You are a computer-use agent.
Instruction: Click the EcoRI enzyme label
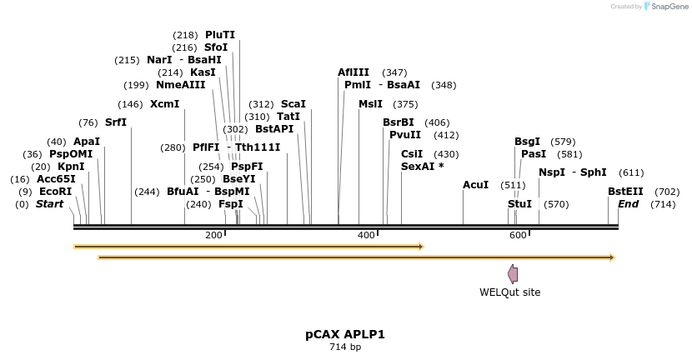coord(56,192)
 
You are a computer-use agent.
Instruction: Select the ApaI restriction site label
coord(87,142)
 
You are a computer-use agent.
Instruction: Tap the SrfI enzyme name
coord(116,122)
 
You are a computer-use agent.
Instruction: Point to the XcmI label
coord(164,104)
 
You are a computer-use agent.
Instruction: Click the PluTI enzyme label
coord(220,35)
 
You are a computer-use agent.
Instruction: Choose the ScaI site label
coord(293,104)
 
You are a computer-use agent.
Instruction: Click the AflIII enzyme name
coord(354,72)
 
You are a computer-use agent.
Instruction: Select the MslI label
coord(370,104)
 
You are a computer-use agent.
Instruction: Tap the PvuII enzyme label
coord(405,135)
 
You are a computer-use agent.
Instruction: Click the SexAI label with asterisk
coord(423,167)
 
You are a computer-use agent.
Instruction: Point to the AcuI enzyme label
coord(475,184)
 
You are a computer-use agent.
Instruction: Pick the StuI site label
coord(519,204)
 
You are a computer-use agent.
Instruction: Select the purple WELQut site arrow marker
coord(513,274)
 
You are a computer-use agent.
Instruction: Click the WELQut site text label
coord(509,292)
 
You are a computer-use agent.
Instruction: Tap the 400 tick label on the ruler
coord(366,235)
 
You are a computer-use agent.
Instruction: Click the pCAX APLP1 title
coord(345,334)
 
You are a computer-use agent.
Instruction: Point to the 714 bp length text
coord(345,347)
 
